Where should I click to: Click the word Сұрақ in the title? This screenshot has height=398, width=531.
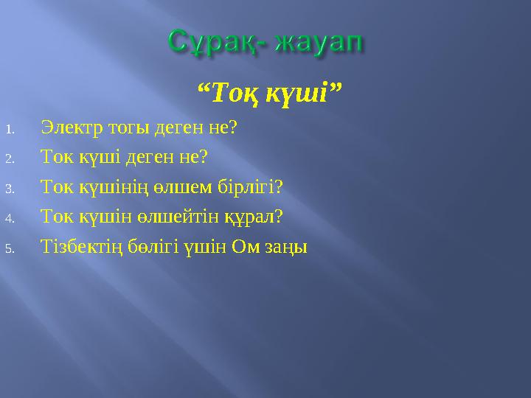pos(214,41)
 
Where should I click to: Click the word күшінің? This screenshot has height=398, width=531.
pos(109,187)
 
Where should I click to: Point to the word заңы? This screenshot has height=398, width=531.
pos(283,248)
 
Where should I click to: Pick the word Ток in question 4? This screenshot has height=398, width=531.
pos(58,217)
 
